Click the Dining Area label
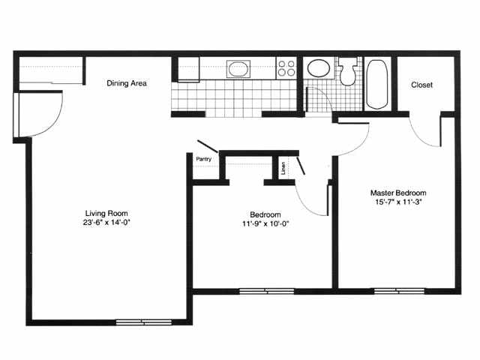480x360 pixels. (127, 83)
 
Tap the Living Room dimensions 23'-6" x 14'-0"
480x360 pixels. (106, 223)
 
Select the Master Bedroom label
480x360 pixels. (398, 193)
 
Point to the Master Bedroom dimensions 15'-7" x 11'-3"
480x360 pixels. (398, 202)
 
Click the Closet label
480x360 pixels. (421, 85)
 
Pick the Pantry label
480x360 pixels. (203, 159)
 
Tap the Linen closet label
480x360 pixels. (283, 168)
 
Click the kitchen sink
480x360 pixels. (238, 69)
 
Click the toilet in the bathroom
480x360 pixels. (347, 71)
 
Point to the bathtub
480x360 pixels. (376, 85)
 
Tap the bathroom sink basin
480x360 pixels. (318, 68)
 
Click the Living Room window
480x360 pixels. (144, 322)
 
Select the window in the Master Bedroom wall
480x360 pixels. (400, 291)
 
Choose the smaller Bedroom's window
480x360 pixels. (266, 291)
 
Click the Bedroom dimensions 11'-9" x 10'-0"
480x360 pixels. (265, 224)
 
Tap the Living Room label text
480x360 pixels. (106, 213)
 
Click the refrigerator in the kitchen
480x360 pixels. (188, 69)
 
